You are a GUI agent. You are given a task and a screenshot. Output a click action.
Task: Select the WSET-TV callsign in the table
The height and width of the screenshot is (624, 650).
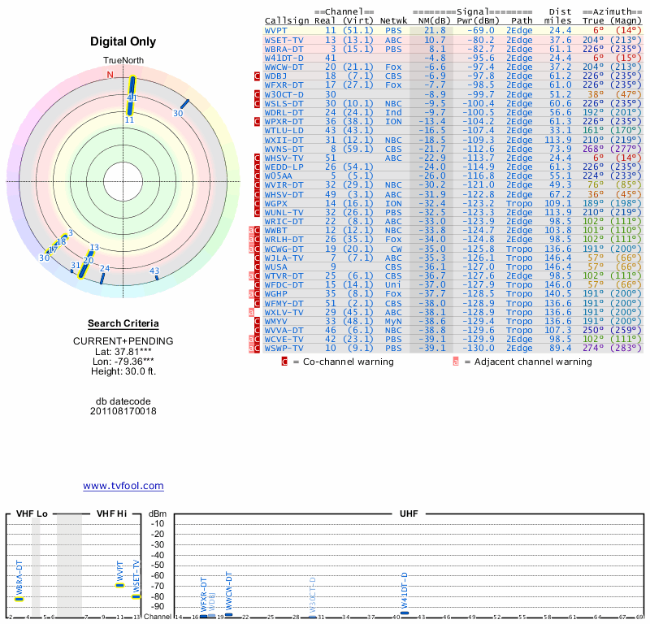284,39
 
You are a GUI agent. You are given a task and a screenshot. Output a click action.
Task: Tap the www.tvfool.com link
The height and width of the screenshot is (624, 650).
123,486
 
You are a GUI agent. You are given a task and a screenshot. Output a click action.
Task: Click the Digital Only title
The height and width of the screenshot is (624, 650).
123,41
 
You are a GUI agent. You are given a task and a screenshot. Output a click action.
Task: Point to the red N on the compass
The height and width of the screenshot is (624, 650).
110,75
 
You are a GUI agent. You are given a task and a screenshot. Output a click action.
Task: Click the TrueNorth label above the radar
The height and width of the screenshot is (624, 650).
123,62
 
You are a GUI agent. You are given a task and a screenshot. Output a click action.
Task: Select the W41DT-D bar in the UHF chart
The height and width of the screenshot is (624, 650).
405,613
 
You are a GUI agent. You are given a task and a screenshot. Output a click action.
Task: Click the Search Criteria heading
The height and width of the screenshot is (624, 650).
123,323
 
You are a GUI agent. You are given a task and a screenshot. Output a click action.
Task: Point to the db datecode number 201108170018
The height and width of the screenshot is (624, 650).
123,411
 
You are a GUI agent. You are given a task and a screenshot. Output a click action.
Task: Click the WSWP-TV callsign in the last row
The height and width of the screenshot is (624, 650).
284,349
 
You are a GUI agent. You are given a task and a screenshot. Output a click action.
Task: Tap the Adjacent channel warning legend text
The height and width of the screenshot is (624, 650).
528,361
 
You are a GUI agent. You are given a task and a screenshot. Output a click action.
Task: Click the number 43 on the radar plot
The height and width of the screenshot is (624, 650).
154,271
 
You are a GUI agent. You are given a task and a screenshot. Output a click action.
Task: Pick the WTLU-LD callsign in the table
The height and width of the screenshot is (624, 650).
284,130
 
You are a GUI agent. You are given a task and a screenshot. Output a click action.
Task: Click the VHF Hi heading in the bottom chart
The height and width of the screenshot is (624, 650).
112,513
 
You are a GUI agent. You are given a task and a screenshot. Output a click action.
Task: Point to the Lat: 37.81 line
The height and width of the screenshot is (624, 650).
123,350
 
